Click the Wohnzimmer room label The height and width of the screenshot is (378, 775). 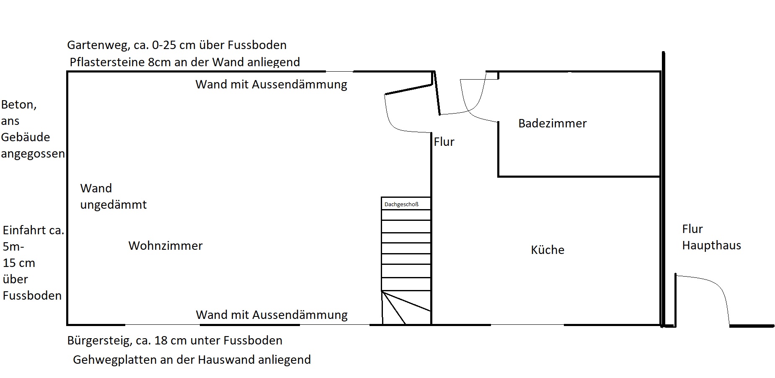(x=165, y=246)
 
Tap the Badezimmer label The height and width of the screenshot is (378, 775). (x=552, y=123)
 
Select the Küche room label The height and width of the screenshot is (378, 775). (x=548, y=250)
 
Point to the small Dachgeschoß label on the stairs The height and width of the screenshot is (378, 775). (x=401, y=205)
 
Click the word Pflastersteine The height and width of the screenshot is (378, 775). (x=107, y=62)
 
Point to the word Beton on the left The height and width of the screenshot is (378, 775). (x=19, y=105)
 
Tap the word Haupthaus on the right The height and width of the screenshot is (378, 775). (x=711, y=245)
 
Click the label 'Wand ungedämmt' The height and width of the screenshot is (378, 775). (x=113, y=197)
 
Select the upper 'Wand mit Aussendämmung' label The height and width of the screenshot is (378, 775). (x=271, y=85)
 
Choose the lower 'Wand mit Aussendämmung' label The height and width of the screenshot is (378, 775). (x=271, y=315)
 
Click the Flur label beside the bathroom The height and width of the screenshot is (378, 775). (x=444, y=142)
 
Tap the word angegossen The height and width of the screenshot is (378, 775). (x=33, y=154)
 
